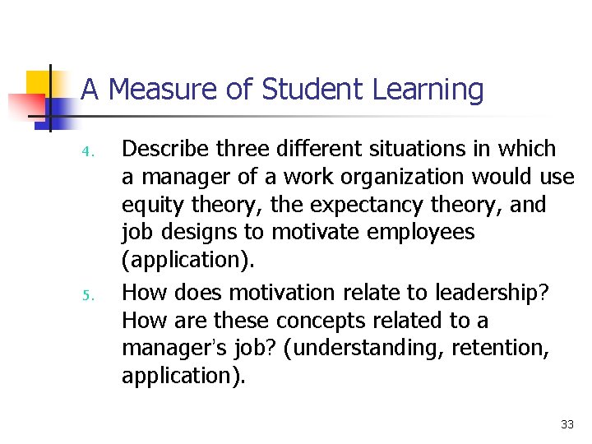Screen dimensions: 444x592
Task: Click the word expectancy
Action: (x=345, y=205)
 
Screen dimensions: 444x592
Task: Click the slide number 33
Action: (x=567, y=424)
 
